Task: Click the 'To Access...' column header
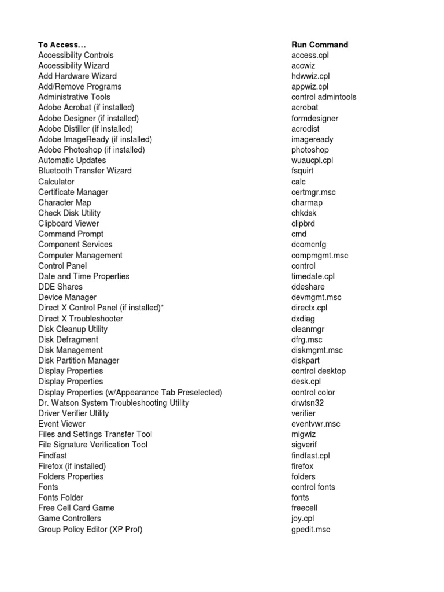tap(62, 45)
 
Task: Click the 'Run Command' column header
tap(320, 45)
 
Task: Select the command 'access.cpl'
tap(310, 55)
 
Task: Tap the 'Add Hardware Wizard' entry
tap(77, 76)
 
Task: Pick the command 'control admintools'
tap(324, 97)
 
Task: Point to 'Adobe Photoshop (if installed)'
tap(91, 150)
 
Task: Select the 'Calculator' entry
tap(56, 182)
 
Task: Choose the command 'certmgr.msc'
tap(313, 192)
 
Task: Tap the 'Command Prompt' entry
tap(71, 234)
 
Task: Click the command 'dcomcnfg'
tap(309, 245)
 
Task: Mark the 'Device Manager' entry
tap(67, 297)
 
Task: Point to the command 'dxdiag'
tap(303, 319)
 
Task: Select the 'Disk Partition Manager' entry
tap(79, 360)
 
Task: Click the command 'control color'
tap(313, 393)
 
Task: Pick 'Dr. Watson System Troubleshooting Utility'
tap(113, 402)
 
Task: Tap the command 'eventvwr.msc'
tap(316, 424)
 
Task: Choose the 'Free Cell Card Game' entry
tap(76, 508)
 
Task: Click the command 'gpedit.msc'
tap(310, 529)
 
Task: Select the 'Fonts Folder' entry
tap(61, 497)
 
